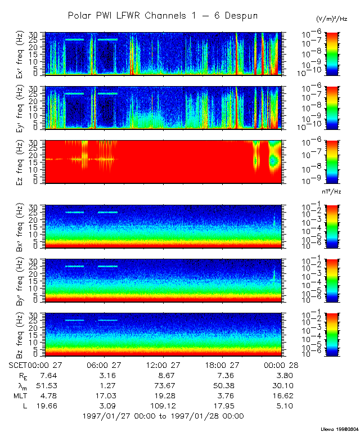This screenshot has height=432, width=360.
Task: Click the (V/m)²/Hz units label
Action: pos(332,20)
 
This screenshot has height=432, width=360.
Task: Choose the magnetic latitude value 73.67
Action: pos(162,385)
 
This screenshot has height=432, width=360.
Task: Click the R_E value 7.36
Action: pos(221,375)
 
